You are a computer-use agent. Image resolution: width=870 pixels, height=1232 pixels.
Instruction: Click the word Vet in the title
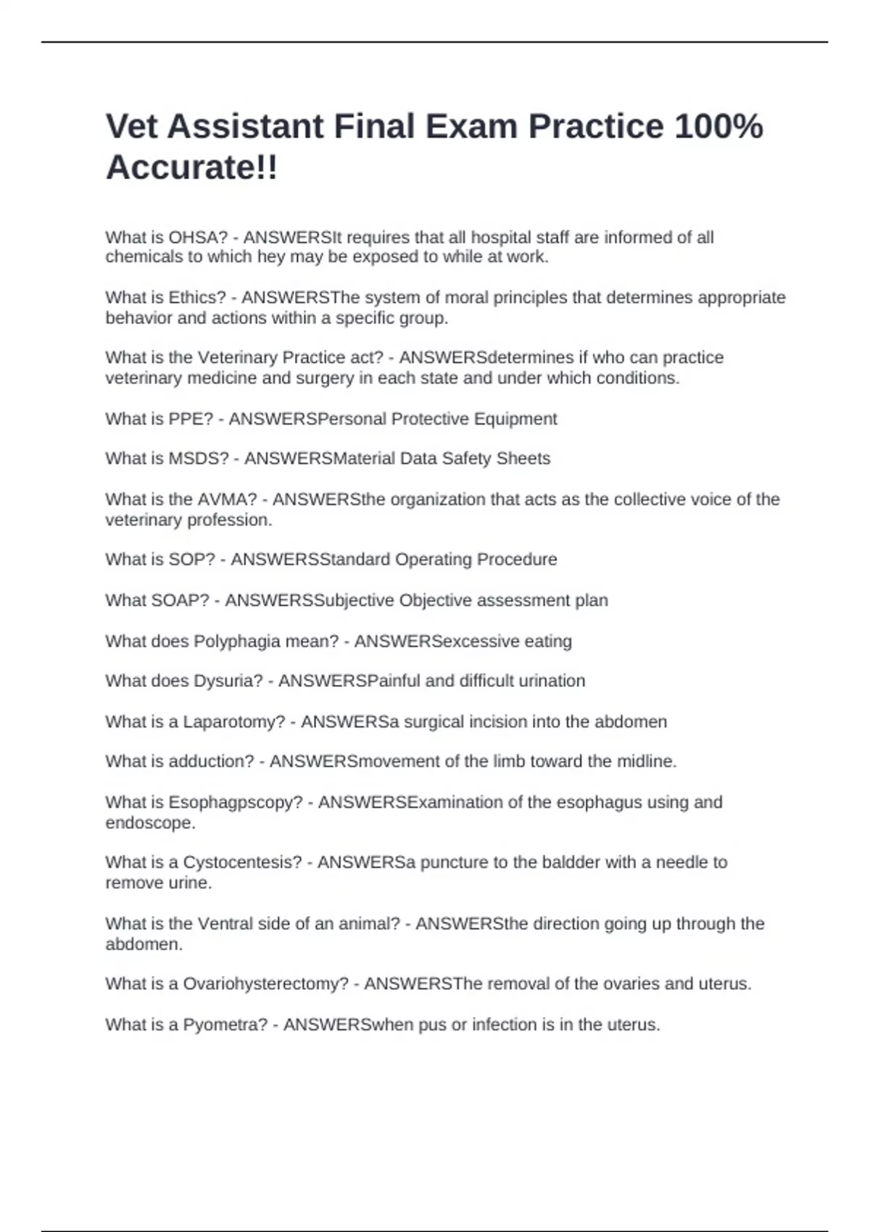[133, 127]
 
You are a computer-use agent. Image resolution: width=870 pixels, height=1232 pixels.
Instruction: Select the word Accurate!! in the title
[192, 168]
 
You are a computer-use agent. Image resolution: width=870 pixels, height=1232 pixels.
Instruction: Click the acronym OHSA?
[198, 238]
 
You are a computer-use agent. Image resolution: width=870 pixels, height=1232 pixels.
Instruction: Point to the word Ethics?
[197, 298]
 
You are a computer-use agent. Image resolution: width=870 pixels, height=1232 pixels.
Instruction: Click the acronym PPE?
[191, 419]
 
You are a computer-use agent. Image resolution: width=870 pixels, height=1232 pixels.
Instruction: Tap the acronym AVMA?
[227, 499]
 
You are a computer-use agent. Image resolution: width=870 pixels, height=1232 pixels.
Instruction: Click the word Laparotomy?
[234, 722]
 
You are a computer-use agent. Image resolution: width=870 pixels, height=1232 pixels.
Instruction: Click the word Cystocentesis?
[242, 862]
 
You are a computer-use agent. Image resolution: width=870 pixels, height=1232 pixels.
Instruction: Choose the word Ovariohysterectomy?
[265, 984]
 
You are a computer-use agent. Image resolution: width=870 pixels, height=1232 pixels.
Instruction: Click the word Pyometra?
[225, 1025]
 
